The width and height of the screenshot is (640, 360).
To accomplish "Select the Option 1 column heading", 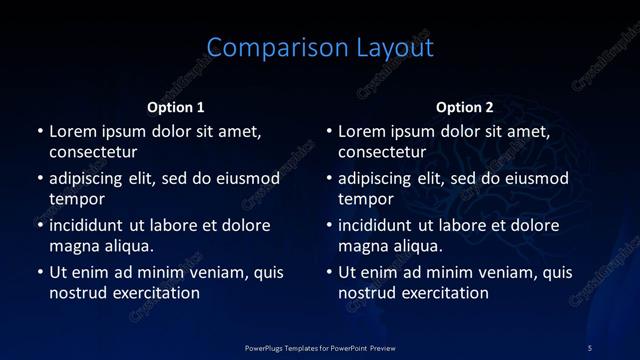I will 176,107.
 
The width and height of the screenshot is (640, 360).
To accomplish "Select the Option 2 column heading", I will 465,107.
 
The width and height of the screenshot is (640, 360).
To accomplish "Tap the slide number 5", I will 590,347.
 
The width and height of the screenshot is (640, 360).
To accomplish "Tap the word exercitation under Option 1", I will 154,293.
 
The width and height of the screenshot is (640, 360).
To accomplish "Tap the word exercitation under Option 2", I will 443,293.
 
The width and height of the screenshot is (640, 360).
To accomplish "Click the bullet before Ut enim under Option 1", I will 40,272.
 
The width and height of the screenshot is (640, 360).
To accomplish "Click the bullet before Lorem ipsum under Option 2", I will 329,131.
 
